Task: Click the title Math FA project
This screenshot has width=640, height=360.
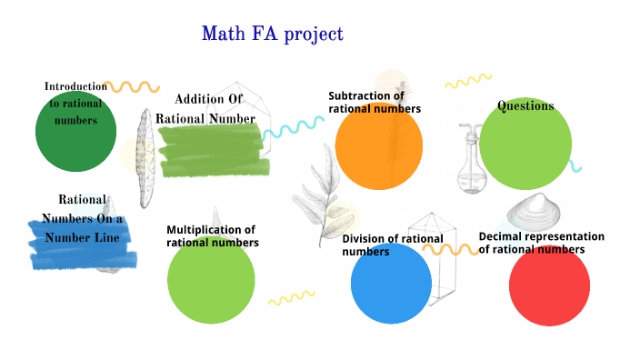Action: [272, 35]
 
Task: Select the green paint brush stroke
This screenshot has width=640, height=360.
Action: [213, 151]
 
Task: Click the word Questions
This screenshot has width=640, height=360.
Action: [525, 106]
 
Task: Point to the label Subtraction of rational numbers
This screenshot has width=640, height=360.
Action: [374, 102]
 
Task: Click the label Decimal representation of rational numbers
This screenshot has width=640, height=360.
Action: [543, 243]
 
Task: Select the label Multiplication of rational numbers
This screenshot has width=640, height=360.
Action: [212, 236]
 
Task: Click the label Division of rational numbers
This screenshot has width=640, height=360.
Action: [392, 245]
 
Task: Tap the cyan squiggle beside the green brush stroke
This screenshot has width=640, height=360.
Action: [293, 128]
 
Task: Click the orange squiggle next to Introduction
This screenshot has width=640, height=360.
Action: [133, 86]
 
